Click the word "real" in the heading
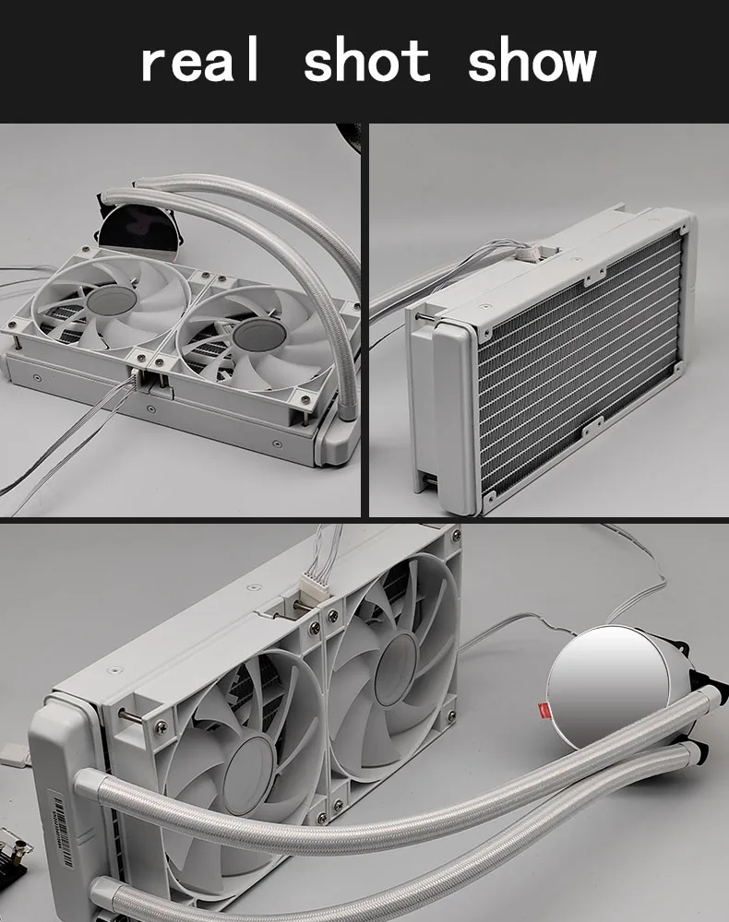(200, 59)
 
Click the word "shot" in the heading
(367, 59)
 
